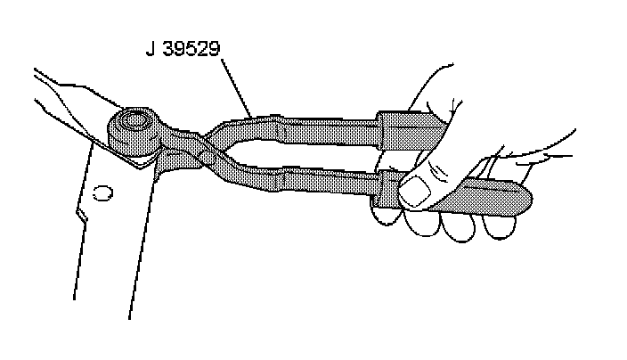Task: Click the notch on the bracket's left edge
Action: point(81,212)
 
